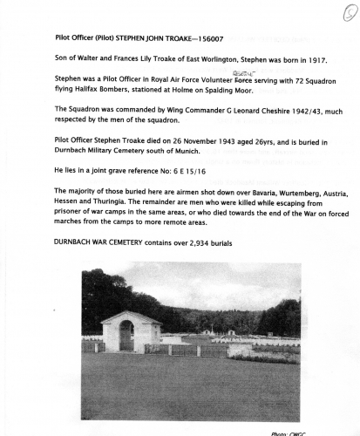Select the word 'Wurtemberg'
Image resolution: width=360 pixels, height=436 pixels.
pos(295,191)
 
